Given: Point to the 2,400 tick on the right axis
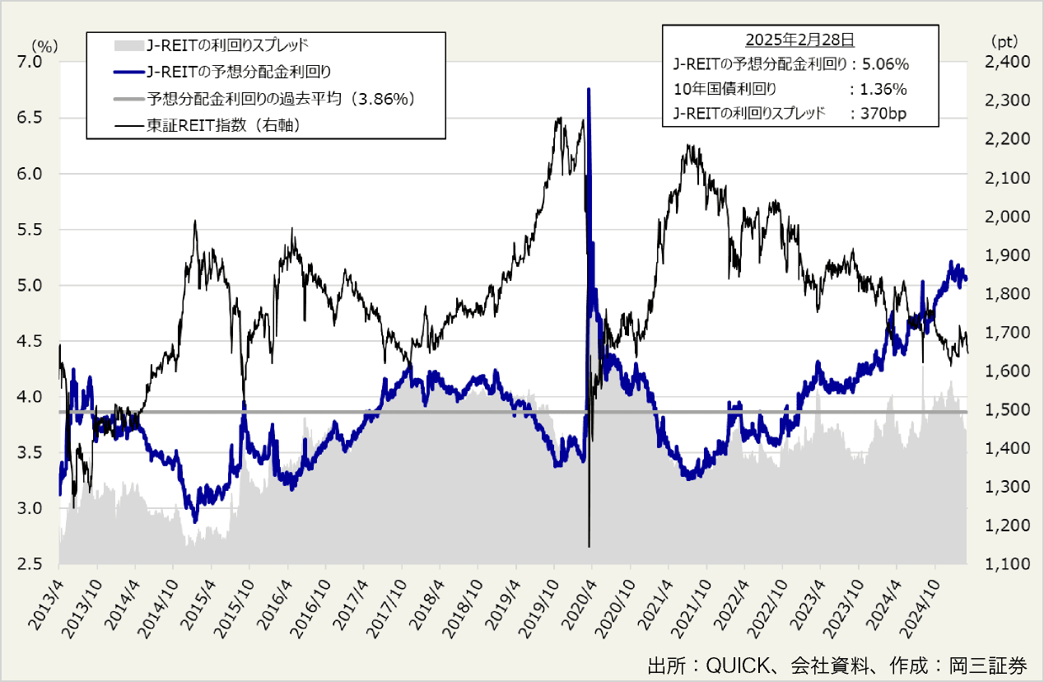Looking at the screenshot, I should pyautogui.click(x=996, y=63).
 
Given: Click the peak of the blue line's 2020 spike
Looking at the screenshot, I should pyautogui.click(x=588, y=89).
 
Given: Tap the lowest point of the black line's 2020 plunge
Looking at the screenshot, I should pyautogui.click(x=589, y=546).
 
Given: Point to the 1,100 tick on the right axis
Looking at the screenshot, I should pyautogui.click(x=996, y=564).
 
